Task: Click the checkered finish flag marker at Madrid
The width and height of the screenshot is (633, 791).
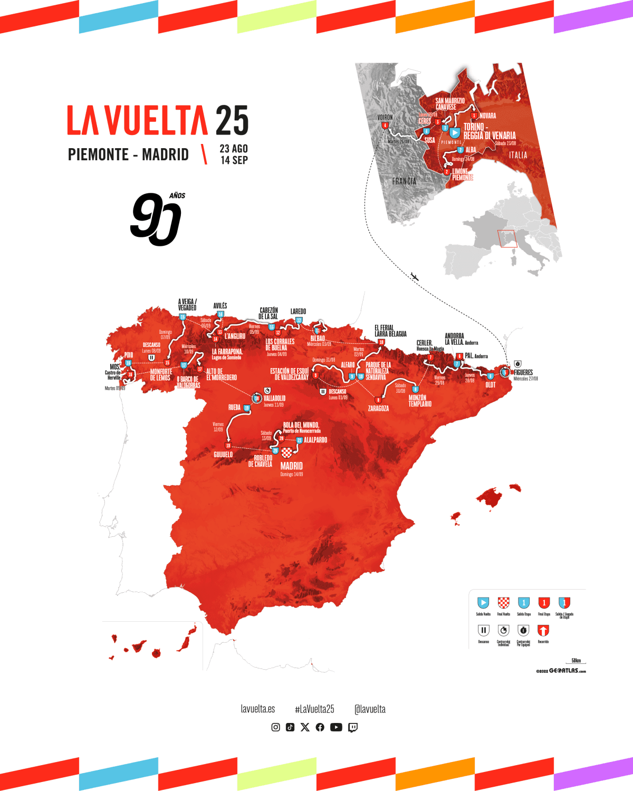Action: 286,452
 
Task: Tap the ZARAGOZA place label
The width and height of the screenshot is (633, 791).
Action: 378,409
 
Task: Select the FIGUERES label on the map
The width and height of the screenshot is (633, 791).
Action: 523,372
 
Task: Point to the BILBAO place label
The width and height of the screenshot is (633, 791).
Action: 318,339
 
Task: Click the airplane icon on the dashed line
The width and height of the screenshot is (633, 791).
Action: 415,276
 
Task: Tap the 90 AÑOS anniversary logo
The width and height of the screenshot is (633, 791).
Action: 157,219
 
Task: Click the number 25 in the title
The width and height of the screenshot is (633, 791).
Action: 232,121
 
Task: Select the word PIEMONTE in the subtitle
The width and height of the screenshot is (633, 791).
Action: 98,155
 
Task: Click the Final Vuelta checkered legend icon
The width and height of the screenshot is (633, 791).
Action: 504,603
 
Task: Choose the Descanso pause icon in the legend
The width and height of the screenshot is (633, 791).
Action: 483,630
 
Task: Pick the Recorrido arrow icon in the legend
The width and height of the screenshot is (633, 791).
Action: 543,630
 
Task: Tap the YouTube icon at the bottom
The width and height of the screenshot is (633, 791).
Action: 336,727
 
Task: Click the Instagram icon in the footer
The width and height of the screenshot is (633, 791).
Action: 275,727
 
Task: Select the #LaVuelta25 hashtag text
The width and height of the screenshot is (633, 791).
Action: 314,709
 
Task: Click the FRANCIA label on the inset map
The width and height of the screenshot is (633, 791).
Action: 404,181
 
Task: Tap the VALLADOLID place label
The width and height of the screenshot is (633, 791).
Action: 274,398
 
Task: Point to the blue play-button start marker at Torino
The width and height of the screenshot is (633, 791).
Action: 455,133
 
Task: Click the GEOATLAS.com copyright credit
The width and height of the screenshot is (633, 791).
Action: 561,671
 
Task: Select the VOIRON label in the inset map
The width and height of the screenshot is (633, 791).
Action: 385,117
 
